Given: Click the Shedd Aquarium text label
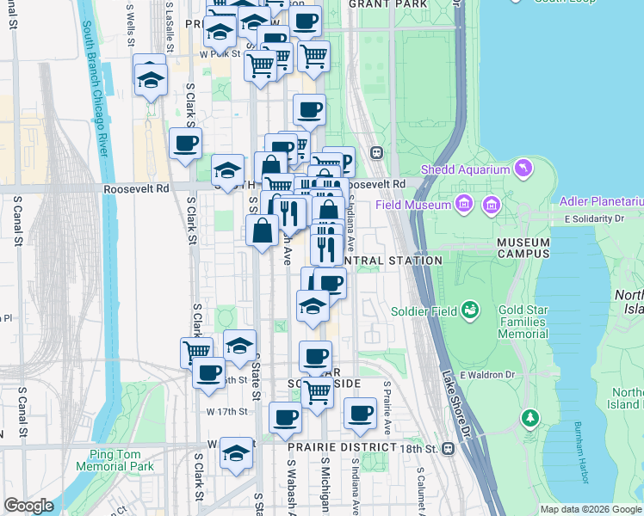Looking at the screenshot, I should [x=465, y=169].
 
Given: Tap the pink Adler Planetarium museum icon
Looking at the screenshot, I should [x=492, y=205].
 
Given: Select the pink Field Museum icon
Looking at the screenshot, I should [x=464, y=205].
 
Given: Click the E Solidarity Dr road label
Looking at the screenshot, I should [x=593, y=219].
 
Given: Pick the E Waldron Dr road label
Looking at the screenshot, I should [x=487, y=375].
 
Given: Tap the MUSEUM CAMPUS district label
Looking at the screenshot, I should [x=535, y=248].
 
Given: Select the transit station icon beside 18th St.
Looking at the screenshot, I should [x=448, y=448].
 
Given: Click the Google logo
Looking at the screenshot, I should [x=28, y=505].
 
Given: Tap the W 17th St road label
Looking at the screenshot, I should [x=226, y=412].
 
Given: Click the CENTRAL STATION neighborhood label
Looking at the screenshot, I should [x=392, y=260].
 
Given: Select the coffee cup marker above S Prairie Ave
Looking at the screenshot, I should [x=361, y=414].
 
